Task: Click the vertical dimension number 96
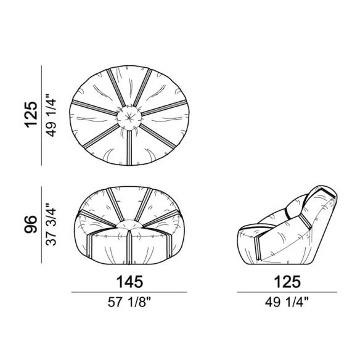31,224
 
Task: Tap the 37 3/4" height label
51,224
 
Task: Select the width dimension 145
129,282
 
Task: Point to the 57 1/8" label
129,302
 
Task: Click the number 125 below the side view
287,282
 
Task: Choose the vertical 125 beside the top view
31,114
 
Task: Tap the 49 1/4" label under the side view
287,302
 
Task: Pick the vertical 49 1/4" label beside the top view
51,115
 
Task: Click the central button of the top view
129,118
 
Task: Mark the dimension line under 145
129,292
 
